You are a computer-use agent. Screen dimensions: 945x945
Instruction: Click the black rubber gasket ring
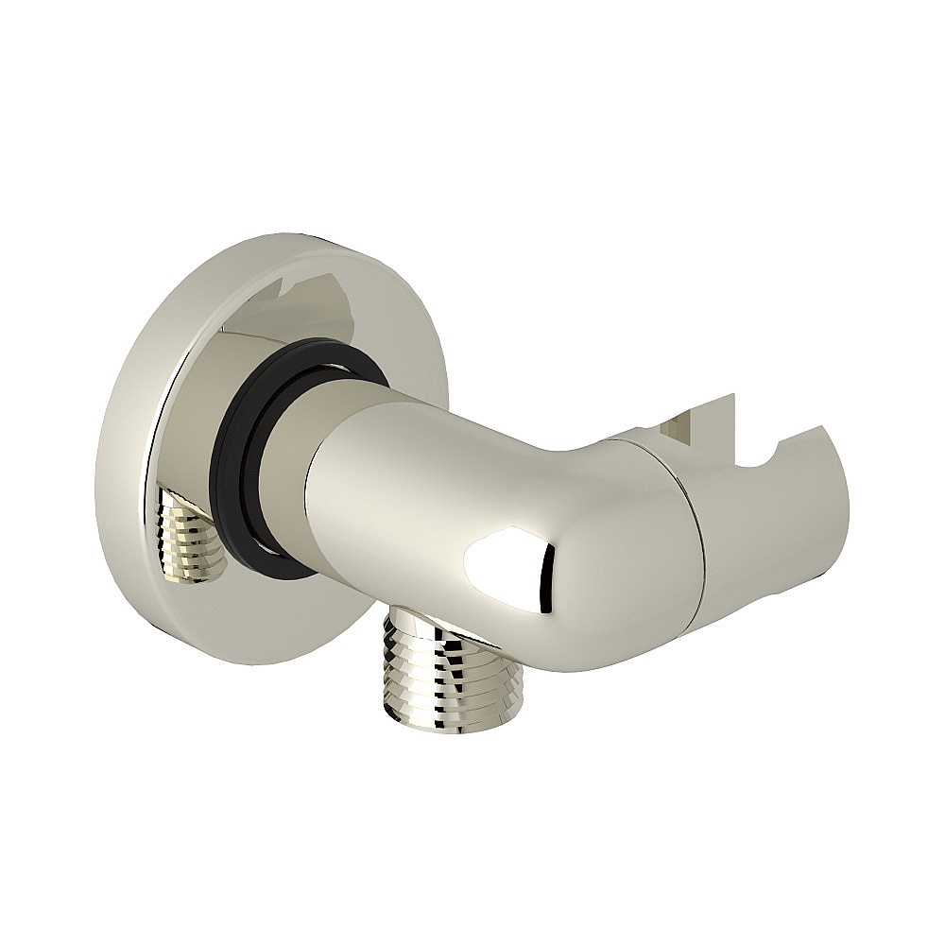pos(236,444)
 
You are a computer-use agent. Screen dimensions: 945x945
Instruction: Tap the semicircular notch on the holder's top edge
pos(799,444)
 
